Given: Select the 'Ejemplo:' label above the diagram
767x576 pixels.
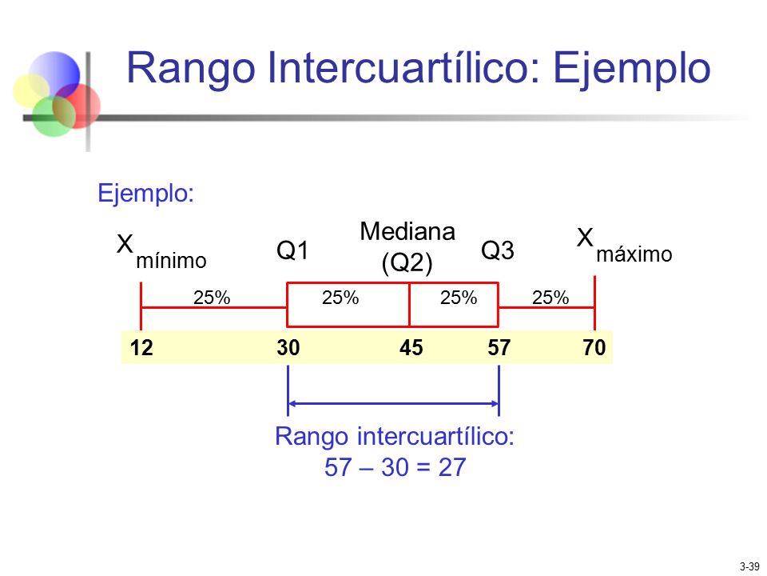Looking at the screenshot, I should tap(145, 194).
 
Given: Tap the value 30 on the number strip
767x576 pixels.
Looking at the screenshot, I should tap(288, 347).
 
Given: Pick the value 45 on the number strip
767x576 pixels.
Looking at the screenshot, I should tap(411, 347).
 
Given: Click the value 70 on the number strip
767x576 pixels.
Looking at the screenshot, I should tap(595, 347).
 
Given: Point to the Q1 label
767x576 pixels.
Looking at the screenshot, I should tap(292, 251).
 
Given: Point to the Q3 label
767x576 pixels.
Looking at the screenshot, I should tap(497, 250).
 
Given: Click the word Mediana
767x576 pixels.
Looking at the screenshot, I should tap(407, 232).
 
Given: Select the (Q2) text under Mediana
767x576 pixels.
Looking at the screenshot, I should tap(407, 262).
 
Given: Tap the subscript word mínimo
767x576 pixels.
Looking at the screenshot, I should tap(171, 261).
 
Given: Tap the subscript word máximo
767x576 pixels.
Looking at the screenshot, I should tap(634, 254).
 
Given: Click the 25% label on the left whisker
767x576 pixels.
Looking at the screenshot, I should tap(212, 298).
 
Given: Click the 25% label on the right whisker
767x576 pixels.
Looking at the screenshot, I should tap(550, 298).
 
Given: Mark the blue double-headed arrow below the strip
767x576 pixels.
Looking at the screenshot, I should tap(393, 403).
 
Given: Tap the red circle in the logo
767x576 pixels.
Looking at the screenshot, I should tap(83, 104).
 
